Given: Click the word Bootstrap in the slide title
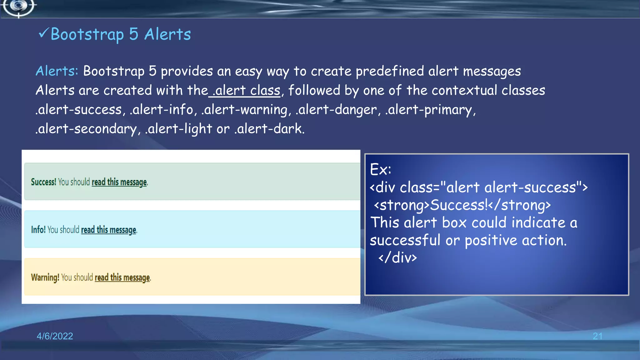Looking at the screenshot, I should pos(87,34).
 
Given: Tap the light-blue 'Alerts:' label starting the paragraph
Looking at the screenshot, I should pos(57,71).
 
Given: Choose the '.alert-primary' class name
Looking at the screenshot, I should pos(429,110).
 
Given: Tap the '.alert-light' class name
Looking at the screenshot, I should pos(179,129).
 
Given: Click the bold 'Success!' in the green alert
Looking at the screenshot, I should pos(43,182).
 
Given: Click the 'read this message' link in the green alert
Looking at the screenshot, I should pos(119,182).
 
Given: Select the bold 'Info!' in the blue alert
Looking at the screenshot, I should pos(38,230).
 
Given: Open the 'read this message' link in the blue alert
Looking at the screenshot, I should pos(108,230).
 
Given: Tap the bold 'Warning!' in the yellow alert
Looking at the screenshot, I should pos(45,277).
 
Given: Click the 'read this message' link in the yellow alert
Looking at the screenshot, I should pos(122,277).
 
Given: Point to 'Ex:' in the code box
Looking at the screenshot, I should pos(380,170).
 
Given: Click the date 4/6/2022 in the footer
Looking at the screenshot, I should pos(55,336).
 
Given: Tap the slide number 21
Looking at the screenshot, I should pos(597,336).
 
